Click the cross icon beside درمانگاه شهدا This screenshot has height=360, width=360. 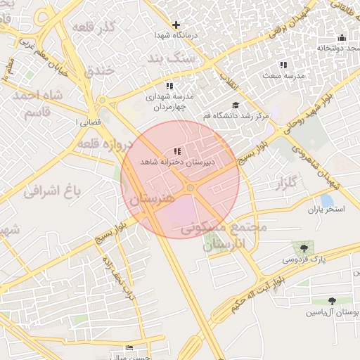pyautogui.click(x=176, y=25)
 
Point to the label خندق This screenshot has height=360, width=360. pyautogui.click(x=99, y=71)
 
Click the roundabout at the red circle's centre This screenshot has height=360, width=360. pyautogui.click(x=190, y=188)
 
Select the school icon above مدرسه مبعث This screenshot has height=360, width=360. pyautogui.click(x=283, y=65)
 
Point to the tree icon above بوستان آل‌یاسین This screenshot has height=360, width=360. pyautogui.click(x=332, y=301)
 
